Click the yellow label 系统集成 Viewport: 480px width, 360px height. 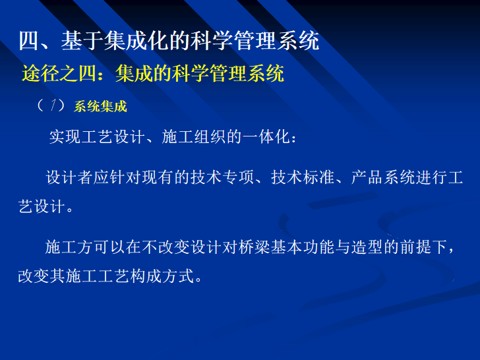[x=100, y=106]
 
